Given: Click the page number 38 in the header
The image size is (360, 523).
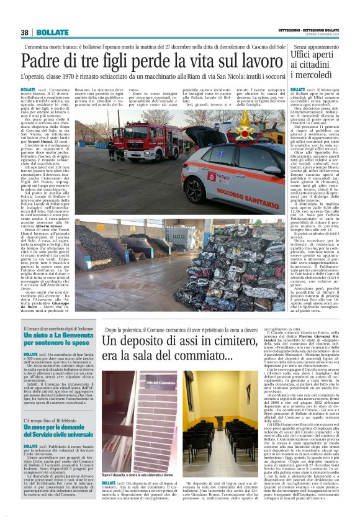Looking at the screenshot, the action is point(25,33).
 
